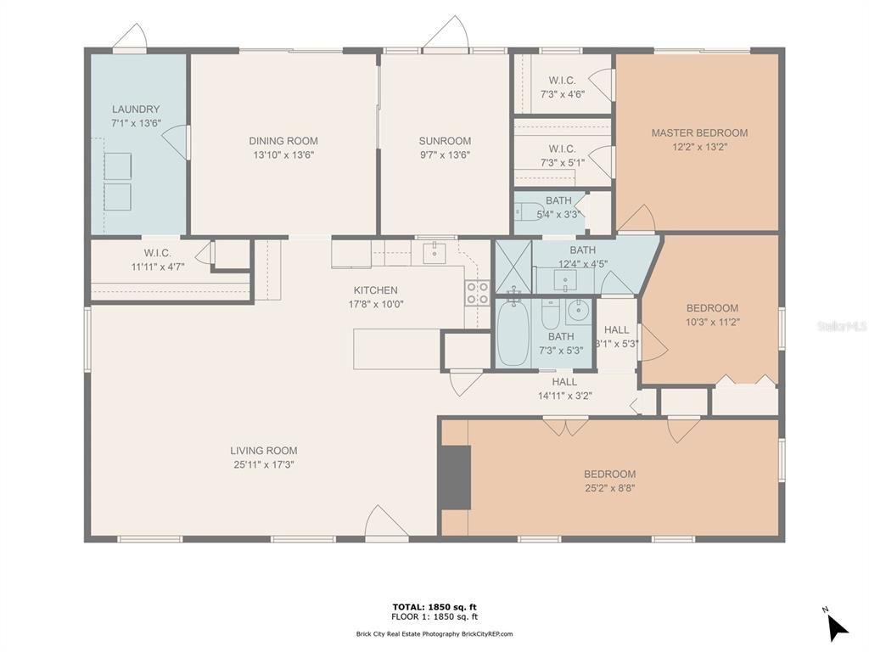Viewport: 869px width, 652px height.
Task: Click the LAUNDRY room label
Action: (136, 110)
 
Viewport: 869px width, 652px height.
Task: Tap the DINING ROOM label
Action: (283, 141)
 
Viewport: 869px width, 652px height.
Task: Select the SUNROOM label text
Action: (445, 141)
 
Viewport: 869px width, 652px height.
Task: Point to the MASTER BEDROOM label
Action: (699, 132)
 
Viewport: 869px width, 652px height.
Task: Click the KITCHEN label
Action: (376, 290)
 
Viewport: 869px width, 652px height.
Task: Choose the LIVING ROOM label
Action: (264, 451)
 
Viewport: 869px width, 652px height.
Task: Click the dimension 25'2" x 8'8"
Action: (609, 488)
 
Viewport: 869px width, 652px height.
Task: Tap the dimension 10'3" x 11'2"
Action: (713, 322)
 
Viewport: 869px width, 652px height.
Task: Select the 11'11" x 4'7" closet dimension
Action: (158, 267)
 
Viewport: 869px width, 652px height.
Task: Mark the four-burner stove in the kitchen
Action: (477, 293)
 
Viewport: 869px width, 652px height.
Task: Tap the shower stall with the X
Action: (513, 266)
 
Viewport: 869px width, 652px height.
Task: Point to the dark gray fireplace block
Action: (456, 477)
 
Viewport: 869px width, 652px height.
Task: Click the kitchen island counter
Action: (397, 349)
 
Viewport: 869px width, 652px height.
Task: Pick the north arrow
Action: (837, 627)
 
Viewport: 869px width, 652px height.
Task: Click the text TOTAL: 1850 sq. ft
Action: (434, 606)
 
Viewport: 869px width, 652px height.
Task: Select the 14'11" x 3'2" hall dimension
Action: (564, 396)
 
